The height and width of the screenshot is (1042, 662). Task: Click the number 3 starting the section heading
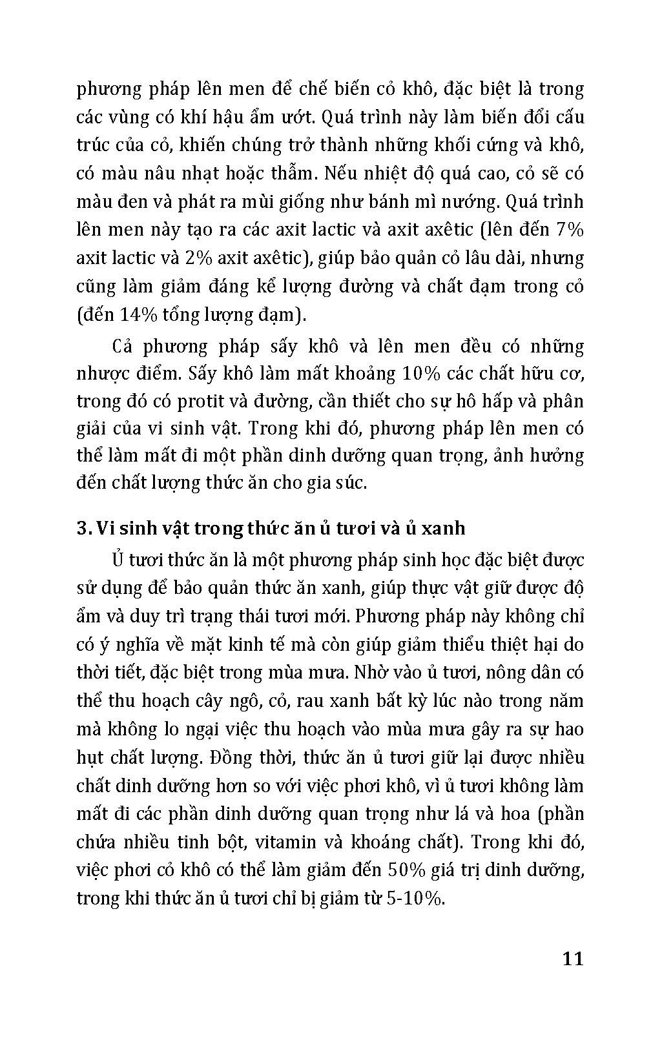point(83,528)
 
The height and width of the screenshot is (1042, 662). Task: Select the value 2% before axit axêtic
point(196,258)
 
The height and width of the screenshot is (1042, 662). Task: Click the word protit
point(192,401)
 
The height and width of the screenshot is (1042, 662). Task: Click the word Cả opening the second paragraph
point(122,347)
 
